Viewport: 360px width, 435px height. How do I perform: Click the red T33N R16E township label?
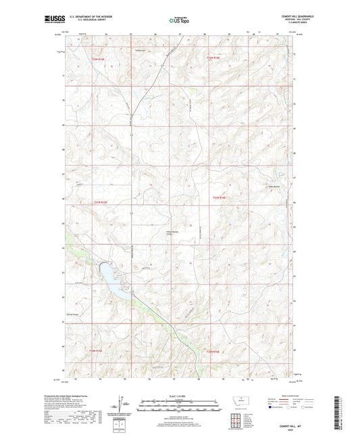(x=214, y=59)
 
